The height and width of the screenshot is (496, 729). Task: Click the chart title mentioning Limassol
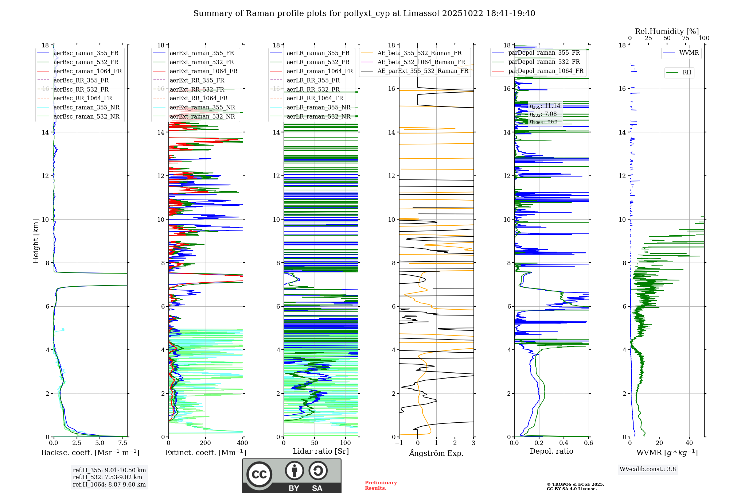[364, 13]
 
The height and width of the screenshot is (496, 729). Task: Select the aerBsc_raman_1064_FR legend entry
[87, 71]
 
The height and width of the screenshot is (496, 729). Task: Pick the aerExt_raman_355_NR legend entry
[202, 107]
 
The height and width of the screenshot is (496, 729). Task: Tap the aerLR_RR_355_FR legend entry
[313, 80]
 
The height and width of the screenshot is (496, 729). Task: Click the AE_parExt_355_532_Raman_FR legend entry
[422, 71]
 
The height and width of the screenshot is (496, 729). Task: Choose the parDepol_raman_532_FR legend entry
[544, 62]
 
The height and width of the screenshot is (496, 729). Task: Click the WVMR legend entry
[689, 53]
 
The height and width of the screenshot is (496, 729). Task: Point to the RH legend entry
[687, 73]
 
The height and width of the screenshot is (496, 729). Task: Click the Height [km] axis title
[36, 241]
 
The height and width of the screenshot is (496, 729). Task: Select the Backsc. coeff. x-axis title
[90, 453]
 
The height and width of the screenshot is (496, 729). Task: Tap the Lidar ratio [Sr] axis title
[321, 451]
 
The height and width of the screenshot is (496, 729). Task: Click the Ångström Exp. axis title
[436, 453]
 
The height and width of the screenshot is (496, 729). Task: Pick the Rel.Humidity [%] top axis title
[667, 31]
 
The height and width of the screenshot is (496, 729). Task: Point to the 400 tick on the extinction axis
[242, 443]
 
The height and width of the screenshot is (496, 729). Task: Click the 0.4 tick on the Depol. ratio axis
[564, 443]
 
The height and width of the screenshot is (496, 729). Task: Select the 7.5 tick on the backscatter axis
[123, 443]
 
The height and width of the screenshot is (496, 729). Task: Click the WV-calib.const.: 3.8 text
[648, 469]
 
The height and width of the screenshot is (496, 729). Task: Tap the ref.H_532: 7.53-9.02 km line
[108, 477]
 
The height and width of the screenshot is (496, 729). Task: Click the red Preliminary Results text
[381, 485]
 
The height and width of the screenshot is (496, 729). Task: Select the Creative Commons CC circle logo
[259, 474]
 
